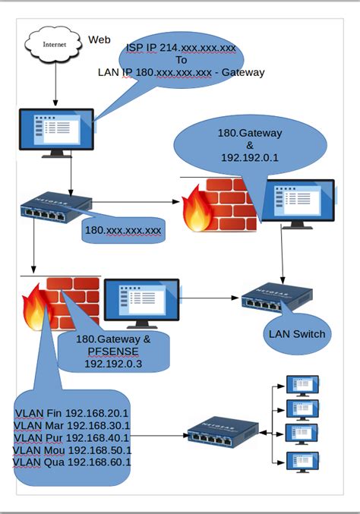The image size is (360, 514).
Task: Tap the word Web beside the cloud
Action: [x=99, y=39]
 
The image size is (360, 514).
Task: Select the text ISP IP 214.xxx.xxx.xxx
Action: [x=181, y=47]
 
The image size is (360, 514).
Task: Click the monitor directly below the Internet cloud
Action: [x=56, y=131]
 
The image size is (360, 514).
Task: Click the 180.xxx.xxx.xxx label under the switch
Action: [x=123, y=229]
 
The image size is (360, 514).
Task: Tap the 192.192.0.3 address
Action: [x=114, y=364]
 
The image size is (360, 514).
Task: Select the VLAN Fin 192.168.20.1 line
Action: [x=72, y=412]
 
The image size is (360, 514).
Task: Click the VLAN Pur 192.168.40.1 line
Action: [x=72, y=437]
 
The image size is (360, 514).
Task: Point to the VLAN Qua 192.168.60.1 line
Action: [x=72, y=462]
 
